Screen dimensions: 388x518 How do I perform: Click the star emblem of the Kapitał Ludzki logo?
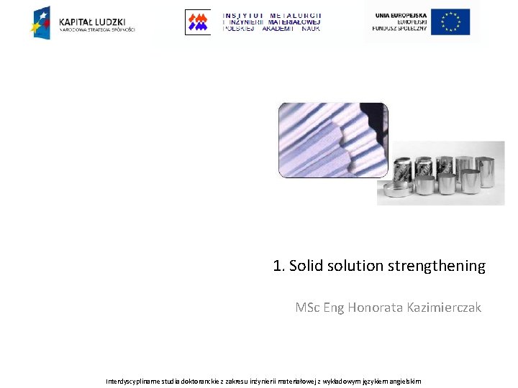[x=41, y=22]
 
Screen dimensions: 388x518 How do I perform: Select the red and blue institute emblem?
[x=197, y=22]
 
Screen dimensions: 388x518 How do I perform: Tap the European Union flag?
[x=450, y=22]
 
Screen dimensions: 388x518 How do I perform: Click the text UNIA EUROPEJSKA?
[x=400, y=15]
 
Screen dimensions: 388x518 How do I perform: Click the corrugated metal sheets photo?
[x=332, y=140]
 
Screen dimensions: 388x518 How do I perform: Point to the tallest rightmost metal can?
[x=492, y=172]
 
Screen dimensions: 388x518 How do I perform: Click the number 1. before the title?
[x=279, y=266]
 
